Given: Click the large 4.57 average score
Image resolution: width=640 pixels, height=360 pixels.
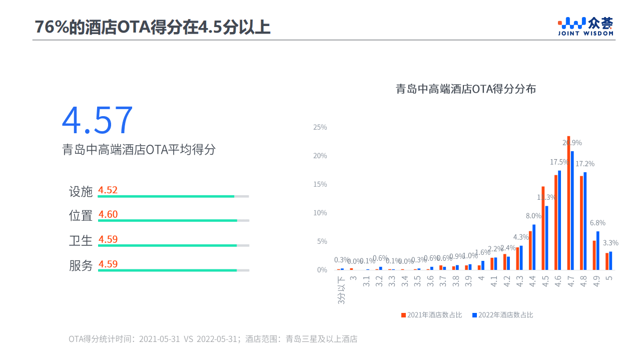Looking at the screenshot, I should click(x=98, y=121).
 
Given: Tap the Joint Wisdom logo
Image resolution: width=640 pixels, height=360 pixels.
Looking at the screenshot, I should click(x=586, y=27).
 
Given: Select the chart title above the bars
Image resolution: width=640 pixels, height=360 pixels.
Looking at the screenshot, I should click(x=466, y=90).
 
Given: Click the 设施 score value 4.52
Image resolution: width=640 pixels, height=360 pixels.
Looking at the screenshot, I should click(x=108, y=190).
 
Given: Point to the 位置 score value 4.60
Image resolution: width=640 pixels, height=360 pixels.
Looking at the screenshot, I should click(x=108, y=215).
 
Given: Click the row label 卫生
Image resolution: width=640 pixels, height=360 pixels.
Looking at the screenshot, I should click(x=81, y=240).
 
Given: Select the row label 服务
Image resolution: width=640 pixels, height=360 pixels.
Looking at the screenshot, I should click(x=81, y=265).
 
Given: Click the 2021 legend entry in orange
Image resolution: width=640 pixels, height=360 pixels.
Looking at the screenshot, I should click(x=431, y=315).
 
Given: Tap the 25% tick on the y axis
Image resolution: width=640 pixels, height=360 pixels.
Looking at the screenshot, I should click(x=320, y=127).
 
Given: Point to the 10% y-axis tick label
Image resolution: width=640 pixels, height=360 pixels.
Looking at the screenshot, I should click(x=320, y=213).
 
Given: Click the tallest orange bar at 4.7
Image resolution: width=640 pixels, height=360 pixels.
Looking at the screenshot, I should click(x=568, y=203).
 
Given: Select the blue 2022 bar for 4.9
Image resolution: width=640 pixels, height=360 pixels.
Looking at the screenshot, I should click(x=597, y=250).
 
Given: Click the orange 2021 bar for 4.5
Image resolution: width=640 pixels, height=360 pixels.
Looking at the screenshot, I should click(x=543, y=228).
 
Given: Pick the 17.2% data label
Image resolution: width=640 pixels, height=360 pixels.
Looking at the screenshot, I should click(x=585, y=164).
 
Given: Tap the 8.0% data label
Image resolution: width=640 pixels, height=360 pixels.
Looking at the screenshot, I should click(x=534, y=216).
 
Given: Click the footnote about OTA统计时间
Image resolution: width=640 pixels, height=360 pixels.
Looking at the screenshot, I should click(x=213, y=339).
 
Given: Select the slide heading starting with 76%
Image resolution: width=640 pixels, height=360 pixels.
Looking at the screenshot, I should click(x=153, y=27).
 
